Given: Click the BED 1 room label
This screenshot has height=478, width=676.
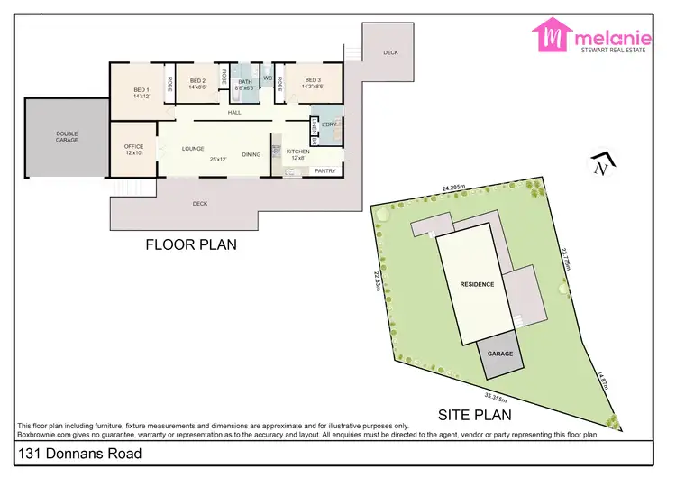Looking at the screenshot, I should pos(141,89).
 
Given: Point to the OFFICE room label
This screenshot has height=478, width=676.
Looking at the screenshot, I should pos(133,146).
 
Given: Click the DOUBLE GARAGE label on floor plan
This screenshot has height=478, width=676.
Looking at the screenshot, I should pos(67,136).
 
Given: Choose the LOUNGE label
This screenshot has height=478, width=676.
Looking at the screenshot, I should pos(193,148).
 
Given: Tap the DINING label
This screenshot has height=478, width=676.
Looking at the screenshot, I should pos(251,154).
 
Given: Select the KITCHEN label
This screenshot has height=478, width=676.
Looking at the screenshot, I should pos(298,152).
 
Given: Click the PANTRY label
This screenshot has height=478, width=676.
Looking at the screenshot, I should pos(326,170).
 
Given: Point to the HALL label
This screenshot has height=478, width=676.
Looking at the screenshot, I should pos(234,112).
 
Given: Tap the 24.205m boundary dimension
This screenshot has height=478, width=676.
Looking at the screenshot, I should pos(453,188).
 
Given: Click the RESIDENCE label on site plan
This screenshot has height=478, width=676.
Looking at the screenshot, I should pos(477,284).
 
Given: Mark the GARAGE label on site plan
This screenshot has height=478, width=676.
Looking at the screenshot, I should pos(500,354).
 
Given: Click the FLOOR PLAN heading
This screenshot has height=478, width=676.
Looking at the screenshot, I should pos(191,244).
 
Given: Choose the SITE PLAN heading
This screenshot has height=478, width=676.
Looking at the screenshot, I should pos(474,416).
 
